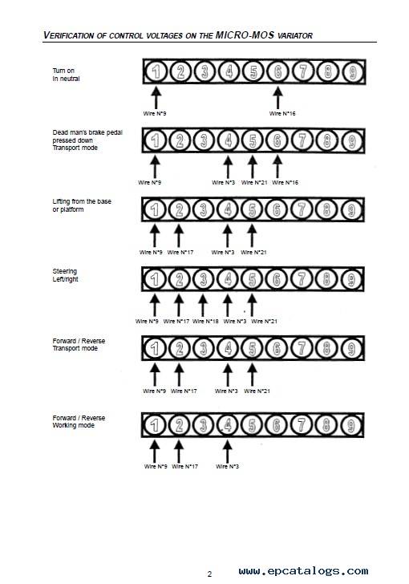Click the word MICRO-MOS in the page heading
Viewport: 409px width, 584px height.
(x=245, y=35)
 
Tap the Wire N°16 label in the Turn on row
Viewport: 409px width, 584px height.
(x=282, y=113)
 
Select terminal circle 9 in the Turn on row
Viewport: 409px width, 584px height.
(x=352, y=71)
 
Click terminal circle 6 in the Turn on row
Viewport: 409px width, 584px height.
(x=278, y=71)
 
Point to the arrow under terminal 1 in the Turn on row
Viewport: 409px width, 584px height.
(x=156, y=98)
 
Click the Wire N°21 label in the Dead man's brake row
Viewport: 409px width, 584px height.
(x=254, y=182)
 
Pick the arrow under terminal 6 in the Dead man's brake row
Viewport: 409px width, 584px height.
(x=277, y=167)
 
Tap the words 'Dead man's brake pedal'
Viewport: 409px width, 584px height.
(x=87, y=132)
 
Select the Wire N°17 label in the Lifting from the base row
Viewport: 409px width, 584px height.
(x=180, y=252)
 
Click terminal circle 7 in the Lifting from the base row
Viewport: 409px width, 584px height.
(x=301, y=209)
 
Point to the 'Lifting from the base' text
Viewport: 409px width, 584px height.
(x=82, y=201)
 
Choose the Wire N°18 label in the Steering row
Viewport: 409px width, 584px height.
(x=205, y=321)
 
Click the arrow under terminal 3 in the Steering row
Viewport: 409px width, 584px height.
(x=203, y=306)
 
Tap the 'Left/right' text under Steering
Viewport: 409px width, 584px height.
(x=66, y=279)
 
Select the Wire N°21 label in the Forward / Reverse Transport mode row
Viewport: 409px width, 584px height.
(x=257, y=391)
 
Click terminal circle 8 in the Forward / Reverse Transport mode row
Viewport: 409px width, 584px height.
(x=326, y=348)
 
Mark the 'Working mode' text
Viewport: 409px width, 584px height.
(x=74, y=425)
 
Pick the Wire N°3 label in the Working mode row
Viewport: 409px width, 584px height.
(x=227, y=466)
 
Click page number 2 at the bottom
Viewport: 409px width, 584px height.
(x=209, y=574)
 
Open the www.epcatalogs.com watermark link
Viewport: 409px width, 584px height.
(x=303, y=571)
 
